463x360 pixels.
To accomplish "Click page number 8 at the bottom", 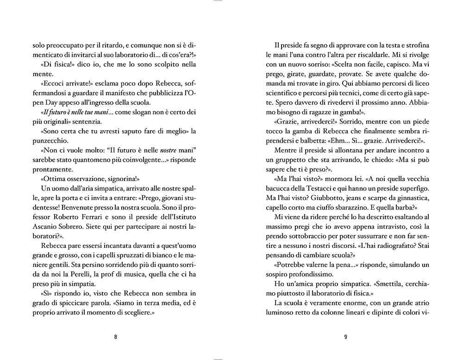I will pos(115,337).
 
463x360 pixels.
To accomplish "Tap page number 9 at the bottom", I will pos(345,337).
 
